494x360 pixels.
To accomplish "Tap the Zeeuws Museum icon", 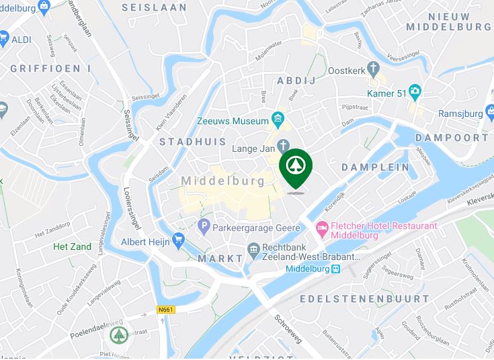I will point(278,120).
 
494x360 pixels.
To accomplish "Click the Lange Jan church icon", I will point(284,146).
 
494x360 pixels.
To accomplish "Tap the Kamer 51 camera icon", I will point(416,92).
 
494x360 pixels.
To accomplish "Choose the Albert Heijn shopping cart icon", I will point(178,240).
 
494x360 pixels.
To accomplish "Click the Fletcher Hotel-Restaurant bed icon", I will point(323,229).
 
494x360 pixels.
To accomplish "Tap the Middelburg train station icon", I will point(336,269).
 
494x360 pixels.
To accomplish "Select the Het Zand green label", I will point(73,246).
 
